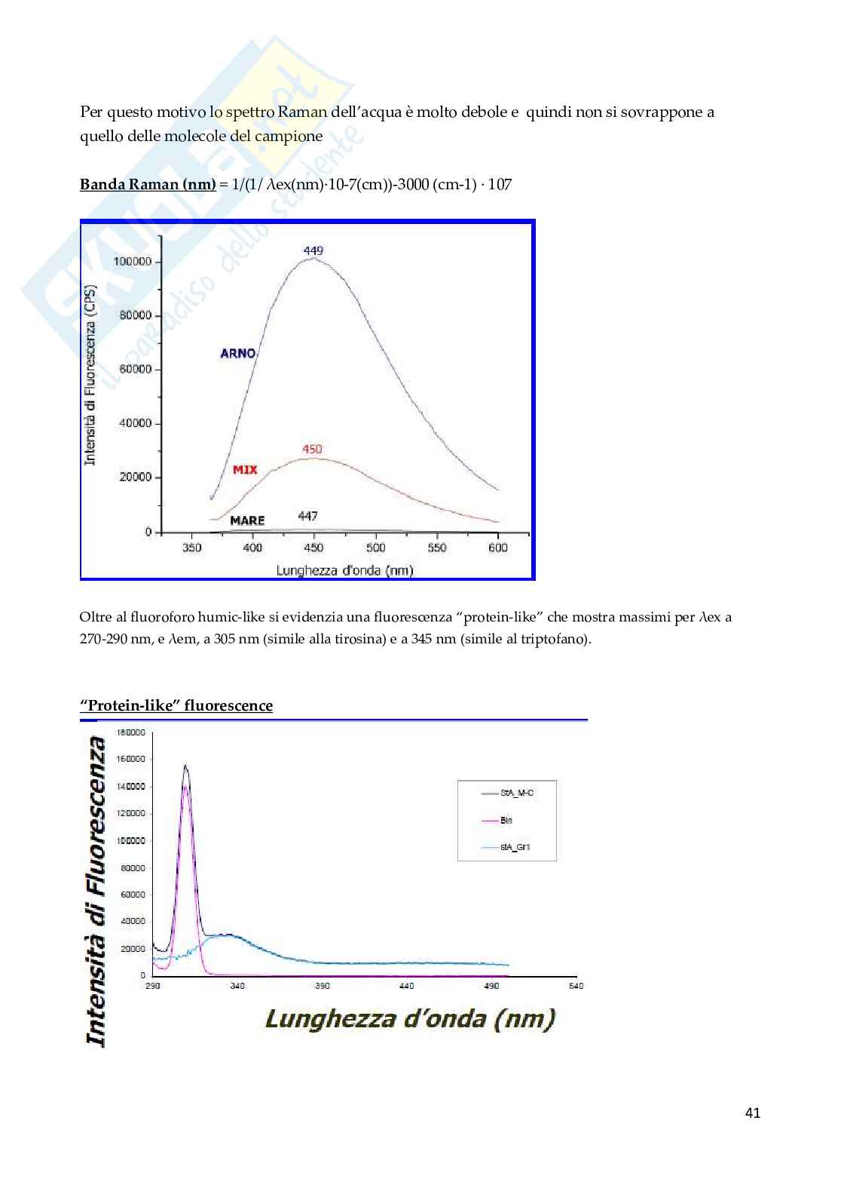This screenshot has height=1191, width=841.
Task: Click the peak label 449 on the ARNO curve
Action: pyautogui.click(x=313, y=250)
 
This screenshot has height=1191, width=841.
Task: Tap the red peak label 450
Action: pyautogui.click(x=312, y=450)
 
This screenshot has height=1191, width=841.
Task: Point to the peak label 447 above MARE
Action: pyautogui.click(x=307, y=516)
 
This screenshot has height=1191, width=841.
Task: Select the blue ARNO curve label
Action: pyautogui.click(x=237, y=353)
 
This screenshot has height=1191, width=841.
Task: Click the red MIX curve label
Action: pyautogui.click(x=245, y=469)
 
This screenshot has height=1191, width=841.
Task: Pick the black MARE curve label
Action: pyautogui.click(x=247, y=520)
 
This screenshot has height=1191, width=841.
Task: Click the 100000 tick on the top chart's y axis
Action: pyautogui.click(x=132, y=262)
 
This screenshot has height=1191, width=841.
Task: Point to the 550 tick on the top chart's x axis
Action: pyautogui.click(x=437, y=548)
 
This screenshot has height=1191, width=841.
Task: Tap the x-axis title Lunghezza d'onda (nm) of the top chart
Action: pyautogui.click(x=344, y=570)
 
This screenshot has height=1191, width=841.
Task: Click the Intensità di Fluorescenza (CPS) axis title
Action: pyautogui.click(x=90, y=376)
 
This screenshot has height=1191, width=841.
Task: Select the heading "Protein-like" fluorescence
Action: pyautogui.click(x=176, y=705)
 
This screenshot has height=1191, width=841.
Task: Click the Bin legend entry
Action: pyautogui.click(x=506, y=820)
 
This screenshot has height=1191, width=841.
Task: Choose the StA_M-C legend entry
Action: pyautogui.click(x=517, y=793)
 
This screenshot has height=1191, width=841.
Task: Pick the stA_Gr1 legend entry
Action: pyautogui.click(x=515, y=847)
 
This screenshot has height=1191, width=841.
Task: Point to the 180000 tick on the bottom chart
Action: pyautogui.click(x=131, y=732)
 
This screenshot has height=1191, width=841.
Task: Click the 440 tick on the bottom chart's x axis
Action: pyautogui.click(x=406, y=986)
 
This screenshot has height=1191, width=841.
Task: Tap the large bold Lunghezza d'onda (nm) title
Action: pyautogui.click(x=410, y=1019)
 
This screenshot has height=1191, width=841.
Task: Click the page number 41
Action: pyautogui.click(x=752, y=1113)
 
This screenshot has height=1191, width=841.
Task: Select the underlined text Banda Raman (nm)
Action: pyautogui.click(x=148, y=184)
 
